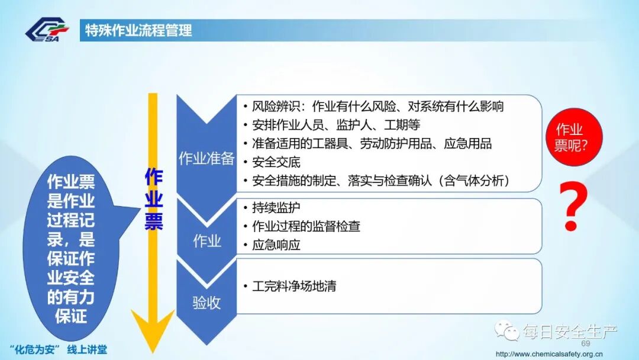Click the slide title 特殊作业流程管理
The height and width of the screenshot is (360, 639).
pos(138,31)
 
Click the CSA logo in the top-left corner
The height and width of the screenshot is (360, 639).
pos(47,30)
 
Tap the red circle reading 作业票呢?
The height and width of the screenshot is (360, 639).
pos(569,137)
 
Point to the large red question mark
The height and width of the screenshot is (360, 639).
pos(572,207)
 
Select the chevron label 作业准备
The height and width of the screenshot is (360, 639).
pos(206,159)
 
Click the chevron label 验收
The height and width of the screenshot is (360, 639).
pos(206,303)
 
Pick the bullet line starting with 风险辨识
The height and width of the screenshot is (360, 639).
pos(377,107)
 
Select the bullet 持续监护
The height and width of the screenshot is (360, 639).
pos(276,208)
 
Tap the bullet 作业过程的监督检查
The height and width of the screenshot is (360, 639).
pos(306,226)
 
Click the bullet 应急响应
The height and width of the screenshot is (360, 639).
pos(276,245)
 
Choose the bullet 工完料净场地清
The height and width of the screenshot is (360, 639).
pos(294,287)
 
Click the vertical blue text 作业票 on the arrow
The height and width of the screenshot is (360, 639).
pos(154,199)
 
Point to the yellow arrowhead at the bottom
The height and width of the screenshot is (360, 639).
pos(153,332)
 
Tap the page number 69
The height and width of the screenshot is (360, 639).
pos(586,344)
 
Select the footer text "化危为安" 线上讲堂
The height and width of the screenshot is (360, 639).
pos(59,349)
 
